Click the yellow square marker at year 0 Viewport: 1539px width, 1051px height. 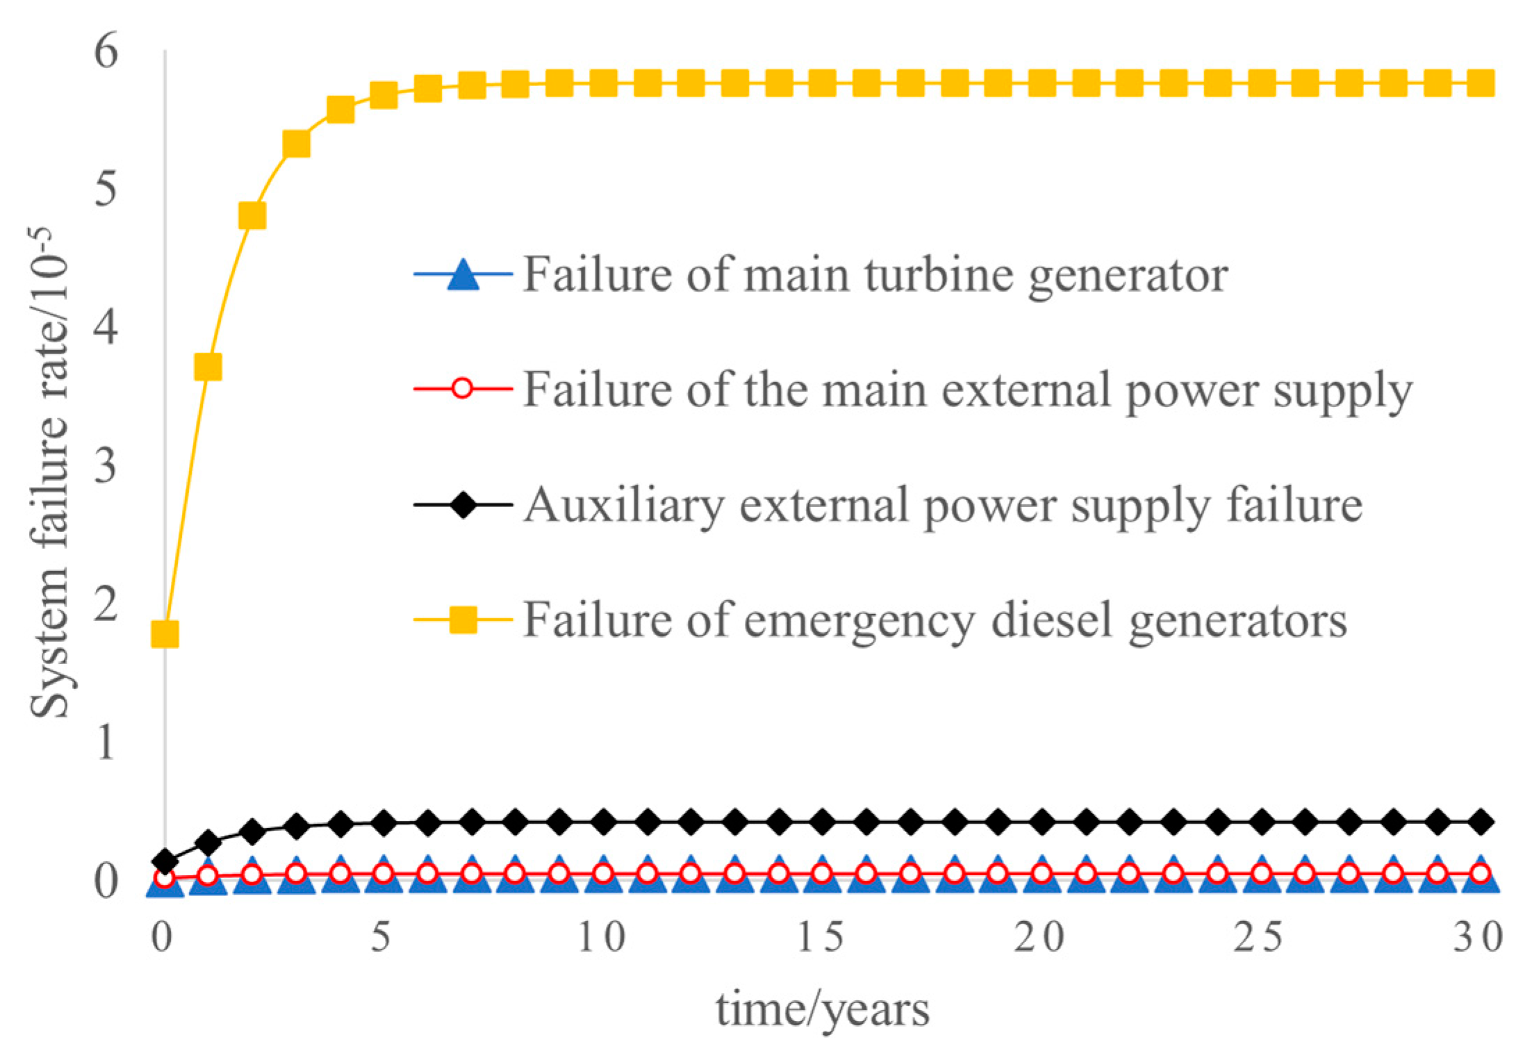[x=165, y=634]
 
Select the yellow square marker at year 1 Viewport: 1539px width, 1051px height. [x=208, y=366]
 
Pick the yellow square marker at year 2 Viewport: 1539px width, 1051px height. [x=252, y=215]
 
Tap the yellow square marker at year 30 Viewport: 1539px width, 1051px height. [x=1480, y=84]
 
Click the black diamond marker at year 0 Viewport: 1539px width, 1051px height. [x=165, y=861]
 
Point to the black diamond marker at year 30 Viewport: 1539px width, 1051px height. [x=1480, y=821]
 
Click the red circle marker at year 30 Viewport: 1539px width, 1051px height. [x=1480, y=873]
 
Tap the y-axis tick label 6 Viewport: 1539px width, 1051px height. [x=106, y=51]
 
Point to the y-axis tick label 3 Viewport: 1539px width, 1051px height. [x=106, y=465]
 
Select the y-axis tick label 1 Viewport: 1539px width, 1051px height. [x=106, y=742]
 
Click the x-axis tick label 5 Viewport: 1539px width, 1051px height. [x=381, y=937]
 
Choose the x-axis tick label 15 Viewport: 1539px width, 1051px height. [x=820, y=937]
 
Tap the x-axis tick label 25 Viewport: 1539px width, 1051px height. [x=1258, y=937]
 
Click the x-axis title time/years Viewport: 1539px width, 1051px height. [x=823, y=1009]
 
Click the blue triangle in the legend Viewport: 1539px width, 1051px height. [x=463, y=274]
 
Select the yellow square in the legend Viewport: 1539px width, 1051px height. [x=463, y=619]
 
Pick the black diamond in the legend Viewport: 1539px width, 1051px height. [x=463, y=504]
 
